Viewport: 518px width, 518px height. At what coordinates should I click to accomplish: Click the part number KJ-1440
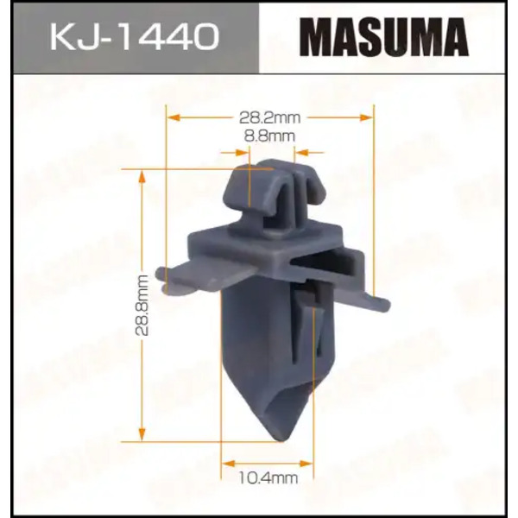point(135,36)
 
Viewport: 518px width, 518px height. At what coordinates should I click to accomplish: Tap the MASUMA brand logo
point(384,37)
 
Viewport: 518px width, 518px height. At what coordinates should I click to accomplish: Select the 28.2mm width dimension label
point(270,117)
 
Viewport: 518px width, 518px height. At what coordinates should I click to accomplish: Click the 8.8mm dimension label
point(269,136)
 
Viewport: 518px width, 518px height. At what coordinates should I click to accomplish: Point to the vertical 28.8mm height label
point(142,306)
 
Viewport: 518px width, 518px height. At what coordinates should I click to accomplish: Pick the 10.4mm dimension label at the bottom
point(268,478)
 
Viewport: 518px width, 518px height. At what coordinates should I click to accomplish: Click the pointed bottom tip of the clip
point(281,440)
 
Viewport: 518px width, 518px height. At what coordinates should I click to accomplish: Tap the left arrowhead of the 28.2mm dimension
point(174,117)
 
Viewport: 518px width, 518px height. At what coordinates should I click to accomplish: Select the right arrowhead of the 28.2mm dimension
point(366,117)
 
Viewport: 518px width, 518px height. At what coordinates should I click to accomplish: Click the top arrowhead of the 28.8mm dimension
point(142,176)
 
